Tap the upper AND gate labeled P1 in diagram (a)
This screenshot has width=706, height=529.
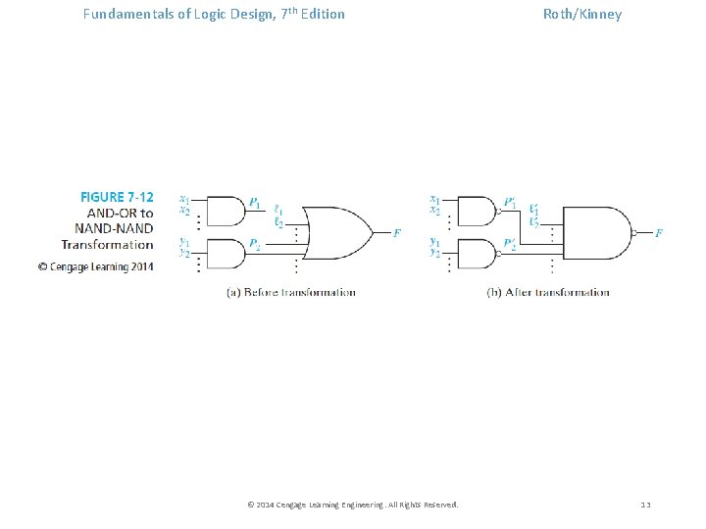pyautogui.click(x=226, y=211)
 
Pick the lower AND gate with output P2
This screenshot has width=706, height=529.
pyautogui.click(x=226, y=253)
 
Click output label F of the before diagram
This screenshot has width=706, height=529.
pyautogui.click(x=397, y=233)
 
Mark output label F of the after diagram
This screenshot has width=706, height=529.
pyautogui.click(x=659, y=233)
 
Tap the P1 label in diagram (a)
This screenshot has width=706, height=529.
pyautogui.click(x=255, y=203)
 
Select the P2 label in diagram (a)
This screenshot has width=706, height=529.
pyautogui.click(x=255, y=243)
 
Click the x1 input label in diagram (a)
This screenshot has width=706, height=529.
pyautogui.click(x=184, y=199)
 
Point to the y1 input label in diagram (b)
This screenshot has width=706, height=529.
pyautogui.click(x=435, y=241)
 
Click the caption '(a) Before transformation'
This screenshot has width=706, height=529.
pyautogui.click(x=291, y=292)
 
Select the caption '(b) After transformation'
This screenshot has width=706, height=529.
pyautogui.click(x=548, y=292)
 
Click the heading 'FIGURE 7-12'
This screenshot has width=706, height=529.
pyautogui.click(x=117, y=198)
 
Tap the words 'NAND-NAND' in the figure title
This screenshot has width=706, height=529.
pyautogui.click(x=114, y=228)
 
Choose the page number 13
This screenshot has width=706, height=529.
pyautogui.click(x=645, y=505)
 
